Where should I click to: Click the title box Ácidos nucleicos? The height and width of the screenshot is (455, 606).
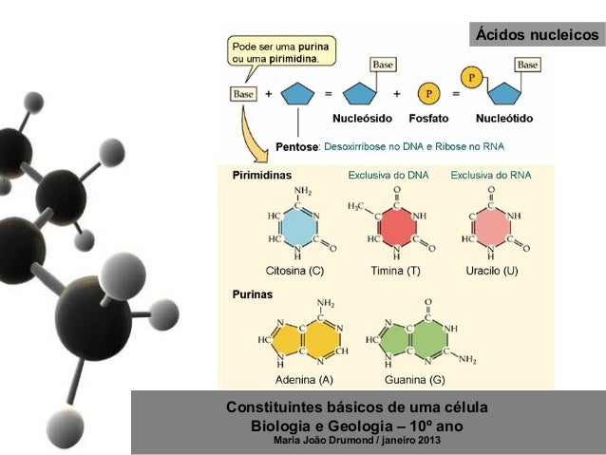point(537,35)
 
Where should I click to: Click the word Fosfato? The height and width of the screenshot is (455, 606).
point(429,120)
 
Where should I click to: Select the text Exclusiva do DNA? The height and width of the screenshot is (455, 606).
point(386,176)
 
